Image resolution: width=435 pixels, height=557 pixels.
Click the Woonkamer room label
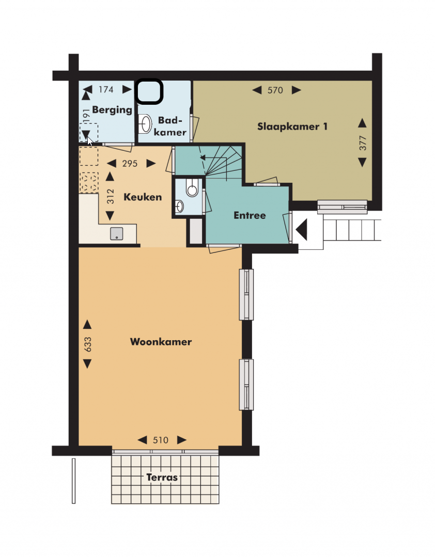coord(161,342)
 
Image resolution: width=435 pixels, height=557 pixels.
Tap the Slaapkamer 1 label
coord(292,126)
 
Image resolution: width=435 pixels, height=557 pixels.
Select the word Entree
coord(250,215)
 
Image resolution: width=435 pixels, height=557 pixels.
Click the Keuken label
coord(143,197)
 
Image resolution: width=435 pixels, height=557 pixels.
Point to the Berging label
coord(112,110)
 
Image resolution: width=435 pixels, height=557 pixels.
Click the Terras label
coord(162,477)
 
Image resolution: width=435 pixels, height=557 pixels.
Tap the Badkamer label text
coord(170,126)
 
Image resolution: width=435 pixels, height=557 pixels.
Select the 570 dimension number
coord(275,90)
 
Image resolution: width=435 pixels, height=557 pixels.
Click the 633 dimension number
coord(87,344)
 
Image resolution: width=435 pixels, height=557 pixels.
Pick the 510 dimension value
coord(160,440)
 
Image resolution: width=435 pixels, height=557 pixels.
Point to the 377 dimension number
coord(362,143)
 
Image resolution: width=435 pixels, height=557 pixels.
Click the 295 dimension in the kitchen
coord(130,164)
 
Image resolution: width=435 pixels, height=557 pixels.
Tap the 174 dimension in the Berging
coord(106,89)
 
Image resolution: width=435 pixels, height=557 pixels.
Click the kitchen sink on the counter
coord(117,233)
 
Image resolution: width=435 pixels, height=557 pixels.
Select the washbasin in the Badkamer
coord(145,123)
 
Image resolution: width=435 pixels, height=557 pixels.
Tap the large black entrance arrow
coord(301,230)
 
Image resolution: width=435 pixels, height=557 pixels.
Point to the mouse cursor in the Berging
coord(90,141)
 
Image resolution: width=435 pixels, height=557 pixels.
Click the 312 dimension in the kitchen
coord(111,196)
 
